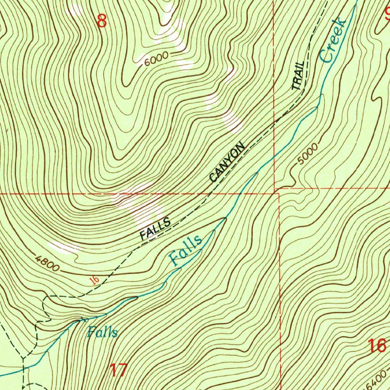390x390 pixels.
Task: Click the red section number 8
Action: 102,21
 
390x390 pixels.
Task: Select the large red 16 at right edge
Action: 377,347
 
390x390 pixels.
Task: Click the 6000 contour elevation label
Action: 156,59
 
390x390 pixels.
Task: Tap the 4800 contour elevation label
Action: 47,263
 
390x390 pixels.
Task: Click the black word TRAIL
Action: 299,75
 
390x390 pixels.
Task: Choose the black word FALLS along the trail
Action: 155,229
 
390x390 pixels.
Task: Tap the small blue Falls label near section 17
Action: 102,332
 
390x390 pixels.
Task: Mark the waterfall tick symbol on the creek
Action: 82,319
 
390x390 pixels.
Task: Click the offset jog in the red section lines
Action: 277,190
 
